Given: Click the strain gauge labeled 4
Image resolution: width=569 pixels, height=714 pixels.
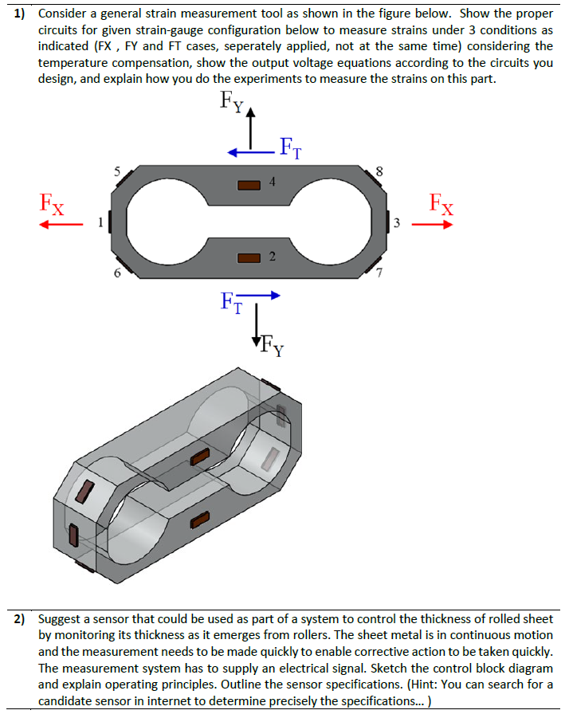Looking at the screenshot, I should pos(250,184).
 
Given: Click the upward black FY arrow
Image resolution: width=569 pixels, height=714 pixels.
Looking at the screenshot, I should pos(253,127).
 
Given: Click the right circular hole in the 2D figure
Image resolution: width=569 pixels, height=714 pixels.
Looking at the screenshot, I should pos(334,221).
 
